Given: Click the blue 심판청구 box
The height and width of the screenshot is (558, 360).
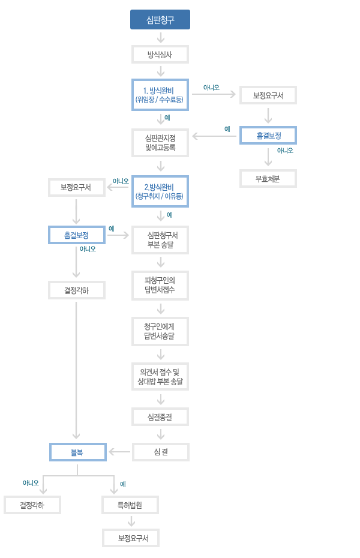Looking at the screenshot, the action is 160,20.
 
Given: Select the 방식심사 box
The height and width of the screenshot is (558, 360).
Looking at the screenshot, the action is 160,55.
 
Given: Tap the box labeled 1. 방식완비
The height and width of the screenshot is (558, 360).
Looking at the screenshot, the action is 160,95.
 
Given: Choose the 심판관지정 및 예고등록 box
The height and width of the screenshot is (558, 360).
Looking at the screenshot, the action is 160,143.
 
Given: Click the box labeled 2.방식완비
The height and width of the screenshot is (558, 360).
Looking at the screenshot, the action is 160,191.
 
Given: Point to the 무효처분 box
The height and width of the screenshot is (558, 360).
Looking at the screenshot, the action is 268,179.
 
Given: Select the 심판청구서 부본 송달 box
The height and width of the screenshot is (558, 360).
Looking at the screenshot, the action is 160,240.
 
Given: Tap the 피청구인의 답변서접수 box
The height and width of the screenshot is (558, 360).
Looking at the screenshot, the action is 160,286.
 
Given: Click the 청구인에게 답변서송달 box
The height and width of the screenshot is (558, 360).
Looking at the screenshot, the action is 160,331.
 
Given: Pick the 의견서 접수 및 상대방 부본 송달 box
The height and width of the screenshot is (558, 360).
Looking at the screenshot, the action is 160,377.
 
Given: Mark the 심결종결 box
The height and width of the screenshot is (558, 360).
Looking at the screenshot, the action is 160,417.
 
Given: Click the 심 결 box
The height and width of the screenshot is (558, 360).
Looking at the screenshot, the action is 161,452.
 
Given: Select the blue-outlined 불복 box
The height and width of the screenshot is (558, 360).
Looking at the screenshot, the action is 78,452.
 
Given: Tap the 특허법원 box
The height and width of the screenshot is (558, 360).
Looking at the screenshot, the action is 130,505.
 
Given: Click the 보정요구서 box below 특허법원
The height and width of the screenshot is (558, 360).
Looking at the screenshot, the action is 131,538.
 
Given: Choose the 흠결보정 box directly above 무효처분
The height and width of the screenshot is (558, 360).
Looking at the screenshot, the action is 268,136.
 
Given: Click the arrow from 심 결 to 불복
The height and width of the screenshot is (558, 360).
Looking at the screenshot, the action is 119,452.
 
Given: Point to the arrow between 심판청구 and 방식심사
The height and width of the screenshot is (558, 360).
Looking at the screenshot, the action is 161,37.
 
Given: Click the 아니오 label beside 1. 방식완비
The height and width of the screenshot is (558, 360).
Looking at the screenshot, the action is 211,88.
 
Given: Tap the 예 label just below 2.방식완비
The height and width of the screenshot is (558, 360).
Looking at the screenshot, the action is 170,215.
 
